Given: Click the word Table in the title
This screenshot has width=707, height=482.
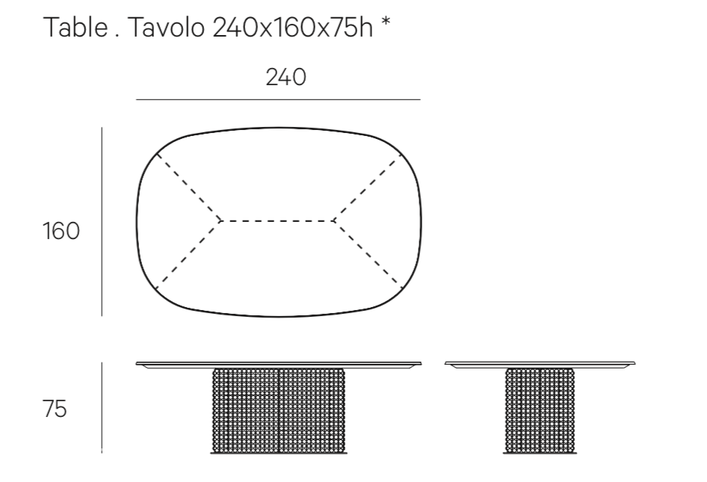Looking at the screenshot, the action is click(x=75, y=27).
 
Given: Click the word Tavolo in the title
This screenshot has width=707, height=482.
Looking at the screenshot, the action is click(x=167, y=27).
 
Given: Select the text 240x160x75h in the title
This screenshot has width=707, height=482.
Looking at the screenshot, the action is click(x=293, y=28).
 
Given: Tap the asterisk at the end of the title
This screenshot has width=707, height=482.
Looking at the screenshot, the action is click(x=386, y=22).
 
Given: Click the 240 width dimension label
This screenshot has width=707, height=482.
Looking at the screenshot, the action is click(x=286, y=77).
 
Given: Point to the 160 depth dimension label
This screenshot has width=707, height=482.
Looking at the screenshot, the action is click(x=61, y=231).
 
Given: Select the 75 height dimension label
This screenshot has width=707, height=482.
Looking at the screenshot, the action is click(x=55, y=409).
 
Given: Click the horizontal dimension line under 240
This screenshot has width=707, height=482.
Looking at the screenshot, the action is click(x=278, y=99).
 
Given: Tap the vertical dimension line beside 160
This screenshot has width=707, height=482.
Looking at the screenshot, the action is click(x=102, y=221).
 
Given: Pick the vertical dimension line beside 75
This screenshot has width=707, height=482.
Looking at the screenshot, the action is click(x=102, y=407).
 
